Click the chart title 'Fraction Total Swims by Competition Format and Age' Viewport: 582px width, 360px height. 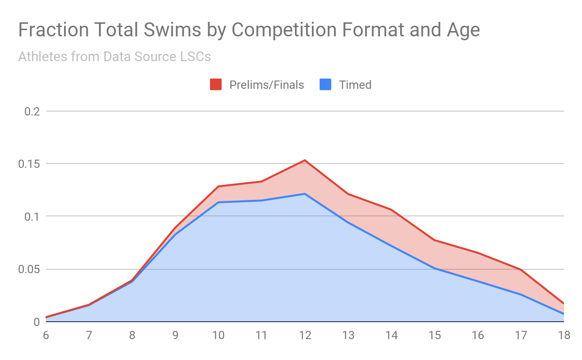click(x=249, y=30)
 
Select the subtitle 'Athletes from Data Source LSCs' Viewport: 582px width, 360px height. click(x=114, y=57)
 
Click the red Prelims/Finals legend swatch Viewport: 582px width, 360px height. click(x=216, y=85)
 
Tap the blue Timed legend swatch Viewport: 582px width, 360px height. click(x=325, y=85)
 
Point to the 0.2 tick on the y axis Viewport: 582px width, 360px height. click(x=32, y=111)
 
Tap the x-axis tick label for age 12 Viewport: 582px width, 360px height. click(x=305, y=335)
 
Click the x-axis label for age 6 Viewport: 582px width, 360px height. click(x=46, y=335)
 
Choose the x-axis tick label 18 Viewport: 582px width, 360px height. click(x=564, y=335)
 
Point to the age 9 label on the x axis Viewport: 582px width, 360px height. click(x=176, y=335)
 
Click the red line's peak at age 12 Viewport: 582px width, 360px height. click(x=305, y=160)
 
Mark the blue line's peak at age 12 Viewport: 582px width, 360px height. click(x=305, y=194)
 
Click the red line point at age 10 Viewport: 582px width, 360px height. click(x=219, y=186)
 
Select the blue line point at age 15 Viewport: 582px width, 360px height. click(x=435, y=268)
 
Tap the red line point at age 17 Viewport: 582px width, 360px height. click(x=521, y=269)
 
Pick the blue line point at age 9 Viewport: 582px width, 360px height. click(x=176, y=234)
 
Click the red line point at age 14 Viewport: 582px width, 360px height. click(x=391, y=210)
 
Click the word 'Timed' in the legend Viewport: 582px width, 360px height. click(x=355, y=85)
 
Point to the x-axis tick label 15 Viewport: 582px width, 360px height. click(x=435, y=335)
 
